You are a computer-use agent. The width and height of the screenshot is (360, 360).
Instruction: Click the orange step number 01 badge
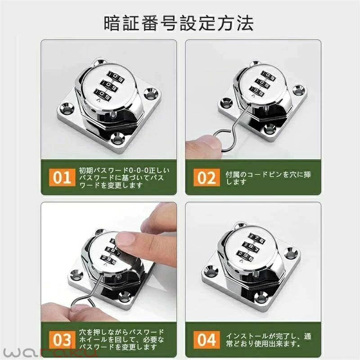[62, 177]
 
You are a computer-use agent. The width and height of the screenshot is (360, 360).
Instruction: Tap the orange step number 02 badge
[207, 177]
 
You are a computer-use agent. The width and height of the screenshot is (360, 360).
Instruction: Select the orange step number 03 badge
[62, 340]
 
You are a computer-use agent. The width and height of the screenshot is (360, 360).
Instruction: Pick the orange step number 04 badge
[207, 340]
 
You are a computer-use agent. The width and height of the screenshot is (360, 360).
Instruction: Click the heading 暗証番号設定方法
[179, 23]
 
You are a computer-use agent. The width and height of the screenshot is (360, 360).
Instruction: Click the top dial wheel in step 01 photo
[116, 77]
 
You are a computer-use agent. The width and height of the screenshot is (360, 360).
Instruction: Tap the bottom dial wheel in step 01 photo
[103, 94]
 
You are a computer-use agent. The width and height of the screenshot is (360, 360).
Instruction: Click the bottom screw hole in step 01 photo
[117, 138]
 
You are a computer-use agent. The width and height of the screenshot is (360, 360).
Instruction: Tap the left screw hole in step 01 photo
[67, 109]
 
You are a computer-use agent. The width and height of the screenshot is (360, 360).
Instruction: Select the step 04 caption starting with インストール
[269, 340]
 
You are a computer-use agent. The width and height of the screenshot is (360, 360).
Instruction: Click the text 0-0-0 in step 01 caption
[139, 171]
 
